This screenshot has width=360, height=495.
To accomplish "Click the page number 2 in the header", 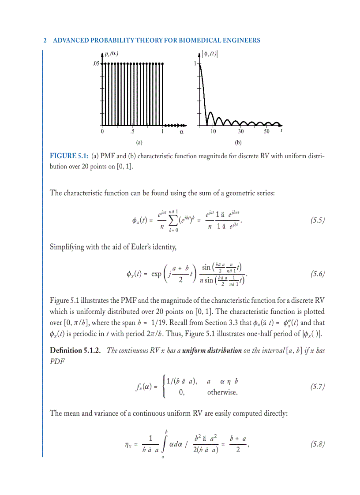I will click(45, 41).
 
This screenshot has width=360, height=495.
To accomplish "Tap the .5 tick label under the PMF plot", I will click(132, 131).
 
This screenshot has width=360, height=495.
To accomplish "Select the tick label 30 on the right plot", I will click(241, 131).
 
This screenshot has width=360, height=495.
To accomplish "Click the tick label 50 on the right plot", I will click(267, 131).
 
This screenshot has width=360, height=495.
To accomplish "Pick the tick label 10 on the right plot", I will click(213, 131).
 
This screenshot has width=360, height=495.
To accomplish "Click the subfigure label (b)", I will click(239, 143).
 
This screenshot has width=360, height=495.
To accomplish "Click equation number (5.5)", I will click(315, 221).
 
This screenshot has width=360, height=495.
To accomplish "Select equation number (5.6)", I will click(315, 274).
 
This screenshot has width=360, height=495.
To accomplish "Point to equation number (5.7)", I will click(315, 387).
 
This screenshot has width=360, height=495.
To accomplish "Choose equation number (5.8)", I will click(315, 444).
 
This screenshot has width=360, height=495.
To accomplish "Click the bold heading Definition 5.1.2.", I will click(75, 350).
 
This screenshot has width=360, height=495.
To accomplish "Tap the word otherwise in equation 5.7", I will click(222, 392).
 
